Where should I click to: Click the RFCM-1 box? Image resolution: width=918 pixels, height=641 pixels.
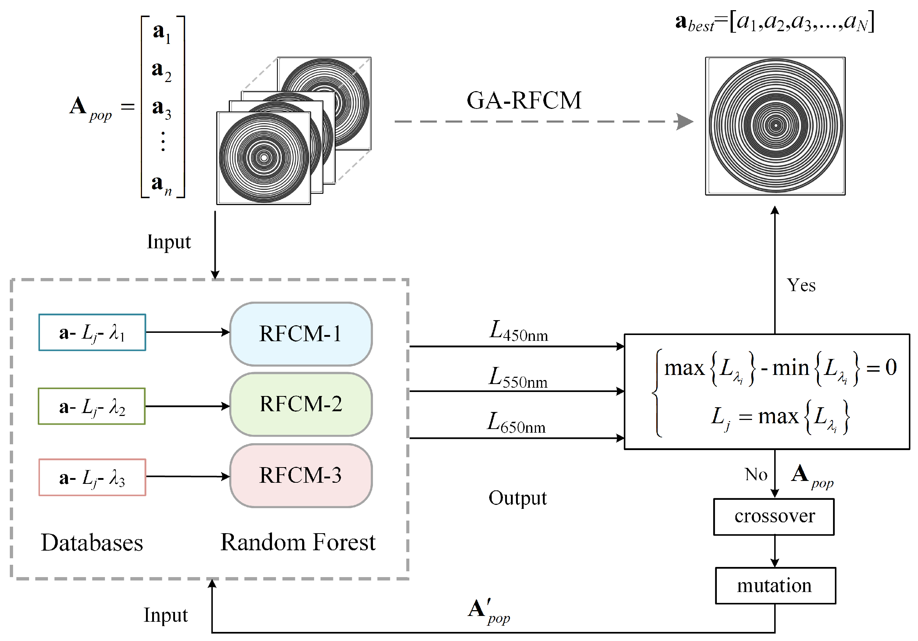(301, 334)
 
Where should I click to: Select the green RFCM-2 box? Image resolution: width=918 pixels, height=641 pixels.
(301, 404)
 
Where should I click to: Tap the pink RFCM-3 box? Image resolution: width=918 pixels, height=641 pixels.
(301, 475)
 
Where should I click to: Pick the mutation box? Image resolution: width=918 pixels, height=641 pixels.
(775, 586)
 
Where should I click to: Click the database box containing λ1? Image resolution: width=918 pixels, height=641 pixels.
(92, 332)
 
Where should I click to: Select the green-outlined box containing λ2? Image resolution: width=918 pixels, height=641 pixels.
(92, 407)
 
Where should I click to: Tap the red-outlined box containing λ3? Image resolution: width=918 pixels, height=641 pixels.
(92, 478)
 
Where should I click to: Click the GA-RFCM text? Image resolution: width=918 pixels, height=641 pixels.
(523, 100)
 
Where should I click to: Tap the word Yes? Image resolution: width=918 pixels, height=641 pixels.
(801, 285)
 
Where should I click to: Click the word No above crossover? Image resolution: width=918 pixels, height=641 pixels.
(756, 475)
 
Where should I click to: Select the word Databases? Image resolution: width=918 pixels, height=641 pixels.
(92, 543)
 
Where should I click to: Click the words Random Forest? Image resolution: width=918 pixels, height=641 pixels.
(298, 542)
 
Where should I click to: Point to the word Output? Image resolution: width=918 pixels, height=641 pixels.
(517, 498)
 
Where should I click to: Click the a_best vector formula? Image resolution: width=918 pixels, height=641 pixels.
(775, 22)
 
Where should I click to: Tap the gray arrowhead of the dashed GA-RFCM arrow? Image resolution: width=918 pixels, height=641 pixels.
(685, 122)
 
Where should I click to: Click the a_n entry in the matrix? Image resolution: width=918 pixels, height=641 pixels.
(161, 184)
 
